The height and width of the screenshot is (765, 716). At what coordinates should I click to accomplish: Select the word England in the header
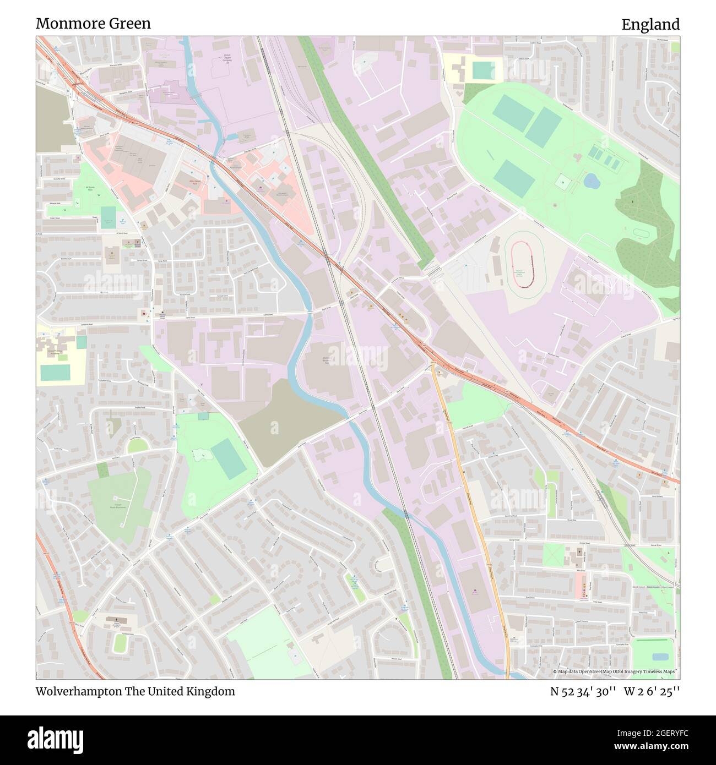[650, 24]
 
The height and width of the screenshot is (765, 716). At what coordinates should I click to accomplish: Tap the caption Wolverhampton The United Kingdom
[135, 691]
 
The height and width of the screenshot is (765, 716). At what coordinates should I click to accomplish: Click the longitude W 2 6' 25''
[652, 691]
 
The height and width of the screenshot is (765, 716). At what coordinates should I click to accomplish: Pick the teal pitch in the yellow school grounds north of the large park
[483, 70]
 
